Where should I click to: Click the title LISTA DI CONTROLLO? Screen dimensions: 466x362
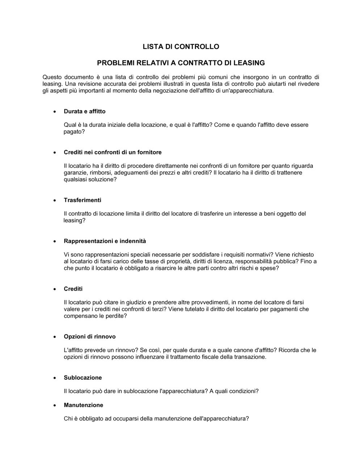point(181,47)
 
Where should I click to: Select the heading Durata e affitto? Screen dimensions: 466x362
point(85,111)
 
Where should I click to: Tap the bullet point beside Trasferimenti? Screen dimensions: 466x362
point(54,200)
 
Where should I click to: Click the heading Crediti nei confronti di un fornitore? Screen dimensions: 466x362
point(113,152)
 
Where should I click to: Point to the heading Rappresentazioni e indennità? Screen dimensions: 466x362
point(105,241)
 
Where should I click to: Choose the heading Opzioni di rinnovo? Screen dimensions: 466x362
point(89,336)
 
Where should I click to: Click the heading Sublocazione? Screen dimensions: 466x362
point(83,377)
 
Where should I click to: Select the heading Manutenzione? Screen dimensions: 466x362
point(83,405)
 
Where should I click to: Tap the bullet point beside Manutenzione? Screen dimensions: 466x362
point(54,405)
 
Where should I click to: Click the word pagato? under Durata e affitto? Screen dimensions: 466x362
point(74,132)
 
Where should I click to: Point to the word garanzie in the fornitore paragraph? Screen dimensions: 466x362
point(75,173)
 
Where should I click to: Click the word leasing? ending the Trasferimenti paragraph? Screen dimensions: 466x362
point(75,220)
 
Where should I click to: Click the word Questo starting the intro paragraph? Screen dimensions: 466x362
point(52,77)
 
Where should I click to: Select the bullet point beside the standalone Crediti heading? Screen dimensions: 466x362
point(54,289)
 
